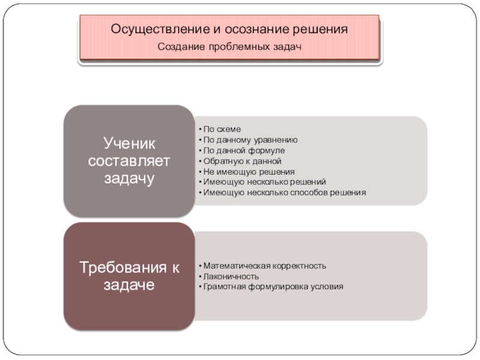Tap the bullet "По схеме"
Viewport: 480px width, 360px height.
(x=221, y=128)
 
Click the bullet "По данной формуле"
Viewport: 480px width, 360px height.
(x=244, y=150)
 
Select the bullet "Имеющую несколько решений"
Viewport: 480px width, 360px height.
(x=265, y=182)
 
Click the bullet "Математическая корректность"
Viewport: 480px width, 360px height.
(x=265, y=265)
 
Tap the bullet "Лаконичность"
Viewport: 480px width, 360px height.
(x=231, y=276)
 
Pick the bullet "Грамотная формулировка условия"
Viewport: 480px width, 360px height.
(x=274, y=287)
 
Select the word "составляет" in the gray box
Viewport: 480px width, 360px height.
(x=130, y=161)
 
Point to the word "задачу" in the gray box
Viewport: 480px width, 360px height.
(x=130, y=179)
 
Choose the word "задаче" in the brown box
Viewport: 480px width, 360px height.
(x=130, y=286)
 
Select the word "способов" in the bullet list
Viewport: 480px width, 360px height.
(x=317, y=193)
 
